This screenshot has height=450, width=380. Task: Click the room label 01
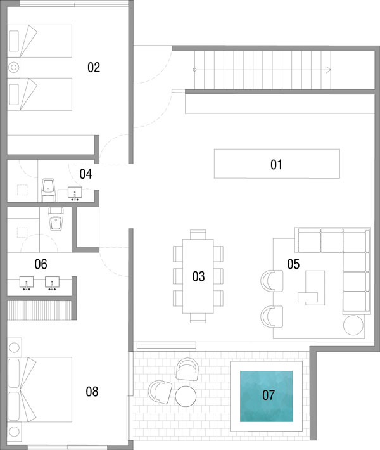[276, 165]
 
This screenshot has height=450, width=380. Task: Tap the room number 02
[94, 67]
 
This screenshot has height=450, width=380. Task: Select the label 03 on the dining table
[198, 276]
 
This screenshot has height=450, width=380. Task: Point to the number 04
[85, 174]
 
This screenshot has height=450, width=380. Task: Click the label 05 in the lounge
[293, 264]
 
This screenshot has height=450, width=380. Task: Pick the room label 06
[41, 264]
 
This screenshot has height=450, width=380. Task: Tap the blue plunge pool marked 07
[267, 396]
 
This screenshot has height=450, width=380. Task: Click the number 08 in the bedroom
[92, 392]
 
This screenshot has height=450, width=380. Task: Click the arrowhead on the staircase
[329, 70]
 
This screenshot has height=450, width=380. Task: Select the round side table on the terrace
[186, 396]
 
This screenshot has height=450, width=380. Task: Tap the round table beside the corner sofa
[353, 325]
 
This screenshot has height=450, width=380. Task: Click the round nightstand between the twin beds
[13, 68]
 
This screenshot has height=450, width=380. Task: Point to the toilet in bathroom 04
[48, 190]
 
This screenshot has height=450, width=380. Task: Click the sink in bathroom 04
[75, 193]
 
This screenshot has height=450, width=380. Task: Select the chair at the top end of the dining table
[198, 234]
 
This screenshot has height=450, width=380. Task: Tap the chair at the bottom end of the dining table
[198, 318]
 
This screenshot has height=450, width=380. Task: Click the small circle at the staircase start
[194, 70]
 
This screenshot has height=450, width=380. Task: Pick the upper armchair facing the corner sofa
[272, 281]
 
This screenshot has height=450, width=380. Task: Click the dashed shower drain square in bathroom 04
[22, 190]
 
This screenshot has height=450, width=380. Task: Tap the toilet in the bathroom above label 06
[56, 219]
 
